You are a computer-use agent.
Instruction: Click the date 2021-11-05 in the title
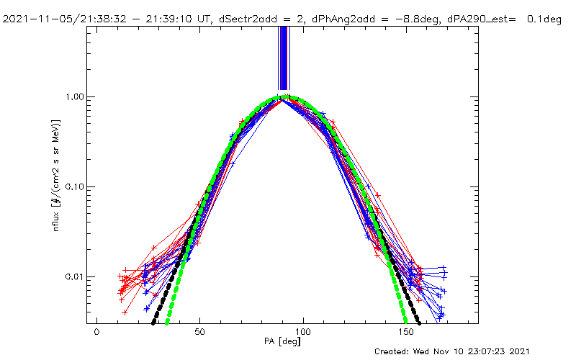(x=33, y=19)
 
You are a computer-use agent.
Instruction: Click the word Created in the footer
(x=392, y=351)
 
